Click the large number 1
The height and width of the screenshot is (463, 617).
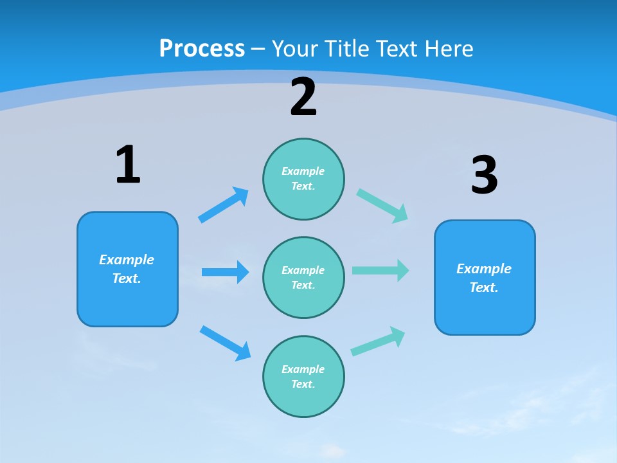point(128,165)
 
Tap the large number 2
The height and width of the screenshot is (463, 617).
point(303,97)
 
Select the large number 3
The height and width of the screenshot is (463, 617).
point(484,175)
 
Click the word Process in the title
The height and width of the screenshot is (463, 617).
point(202,48)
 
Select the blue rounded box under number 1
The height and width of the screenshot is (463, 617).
point(127,269)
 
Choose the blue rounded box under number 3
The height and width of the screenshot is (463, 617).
point(485,277)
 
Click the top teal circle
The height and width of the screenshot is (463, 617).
point(303,179)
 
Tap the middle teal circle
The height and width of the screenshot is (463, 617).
point(303,277)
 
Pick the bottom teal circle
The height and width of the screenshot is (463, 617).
point(303,376)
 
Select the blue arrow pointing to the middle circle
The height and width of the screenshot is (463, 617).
point(225,272)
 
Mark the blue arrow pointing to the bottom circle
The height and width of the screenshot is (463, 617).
point(225,343)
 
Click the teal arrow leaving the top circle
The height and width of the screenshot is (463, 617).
point(382,205)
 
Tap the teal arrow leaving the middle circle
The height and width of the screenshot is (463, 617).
point(380,270)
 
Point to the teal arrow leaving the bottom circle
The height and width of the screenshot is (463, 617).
point(378,341)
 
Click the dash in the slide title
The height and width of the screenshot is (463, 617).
point(258,49)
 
